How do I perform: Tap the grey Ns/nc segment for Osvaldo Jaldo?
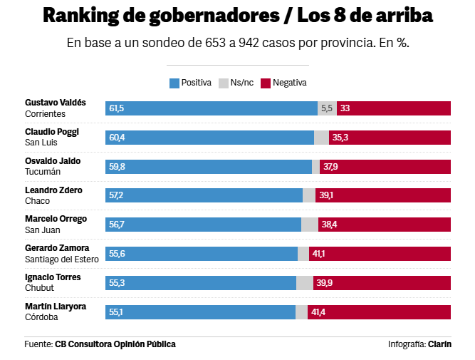point(315,167)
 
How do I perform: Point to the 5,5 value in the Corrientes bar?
point(327,108)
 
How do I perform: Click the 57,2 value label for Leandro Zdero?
point(116,195)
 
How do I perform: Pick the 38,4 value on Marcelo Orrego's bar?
point(329,225)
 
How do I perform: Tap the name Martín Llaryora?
point(56,307)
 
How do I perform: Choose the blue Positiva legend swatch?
point(174,83)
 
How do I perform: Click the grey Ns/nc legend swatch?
point(223,83)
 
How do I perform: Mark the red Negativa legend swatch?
point(266,83)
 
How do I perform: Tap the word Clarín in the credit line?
point(439,344)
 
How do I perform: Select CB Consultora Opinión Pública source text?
point(115,344)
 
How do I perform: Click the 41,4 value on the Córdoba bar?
point(318,312)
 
